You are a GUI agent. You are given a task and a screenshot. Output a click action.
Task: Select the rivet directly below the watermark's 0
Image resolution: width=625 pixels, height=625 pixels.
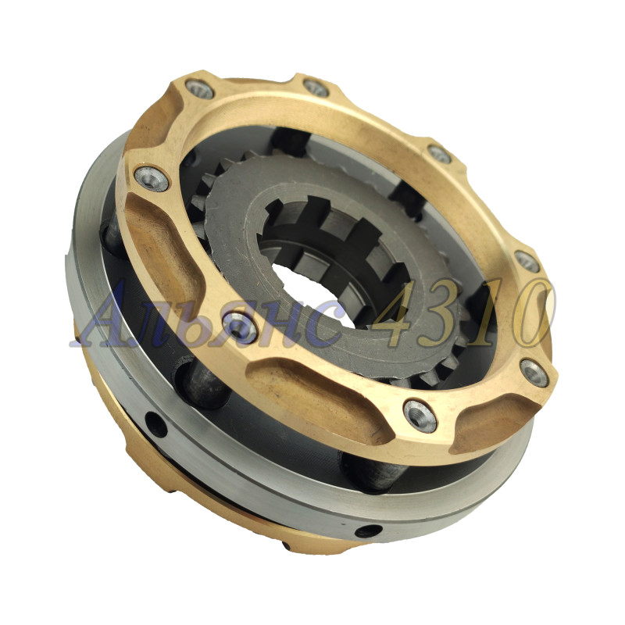[x=534, y=373]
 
